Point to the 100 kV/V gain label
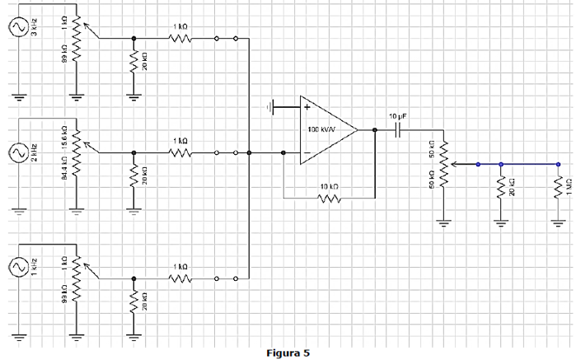321,130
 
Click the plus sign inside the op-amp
307,106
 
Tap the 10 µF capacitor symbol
398,129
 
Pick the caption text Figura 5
288,353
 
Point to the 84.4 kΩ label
63,175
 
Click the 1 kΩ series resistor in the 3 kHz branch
180,38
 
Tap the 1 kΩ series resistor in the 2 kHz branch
180,152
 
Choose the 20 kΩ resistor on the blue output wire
500,189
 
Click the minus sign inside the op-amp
307,153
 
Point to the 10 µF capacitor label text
398,115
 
